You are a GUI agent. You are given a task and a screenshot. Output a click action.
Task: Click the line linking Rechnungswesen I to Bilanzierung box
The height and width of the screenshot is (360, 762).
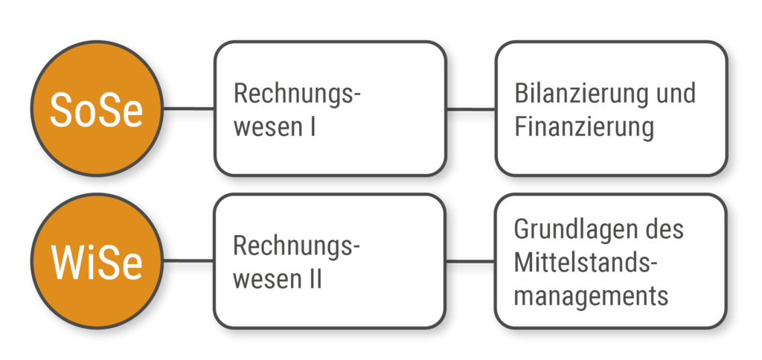point(471,109)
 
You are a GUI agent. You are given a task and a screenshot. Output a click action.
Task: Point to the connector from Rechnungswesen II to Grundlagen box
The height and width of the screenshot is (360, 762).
point(471,262)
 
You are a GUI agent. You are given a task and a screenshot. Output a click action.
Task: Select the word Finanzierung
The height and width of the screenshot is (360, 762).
point(583,127)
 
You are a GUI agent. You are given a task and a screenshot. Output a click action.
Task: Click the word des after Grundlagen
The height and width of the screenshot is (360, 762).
point(662,228)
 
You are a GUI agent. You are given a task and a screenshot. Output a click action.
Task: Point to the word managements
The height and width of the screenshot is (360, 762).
point(591,295)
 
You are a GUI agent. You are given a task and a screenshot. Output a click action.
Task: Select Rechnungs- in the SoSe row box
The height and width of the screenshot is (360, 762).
point(297,94)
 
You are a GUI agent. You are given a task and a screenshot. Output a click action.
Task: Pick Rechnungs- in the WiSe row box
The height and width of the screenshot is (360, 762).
point(297,246)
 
